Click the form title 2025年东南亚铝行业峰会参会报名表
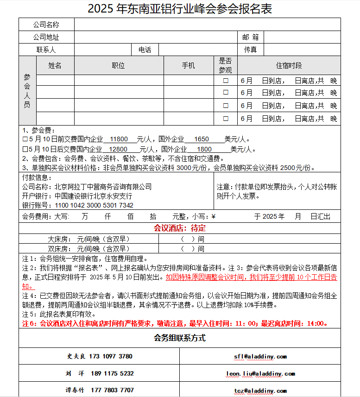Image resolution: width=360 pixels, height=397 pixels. pyautogui.click(x=180, y=8)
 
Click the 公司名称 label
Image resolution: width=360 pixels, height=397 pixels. pyautogui.click(x=46, y=25)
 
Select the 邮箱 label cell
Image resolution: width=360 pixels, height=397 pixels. pyautogui.click(x=250, y=37)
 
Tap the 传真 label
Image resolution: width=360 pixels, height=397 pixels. pyautogui.click(x=250, y=50)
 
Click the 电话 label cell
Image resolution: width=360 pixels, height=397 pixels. pyautogui.click(x=145, y=50)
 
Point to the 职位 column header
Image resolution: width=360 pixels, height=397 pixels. pyautogui.click(x=119, y=65)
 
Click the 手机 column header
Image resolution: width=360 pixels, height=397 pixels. pyautogui.click(x=189, y=65)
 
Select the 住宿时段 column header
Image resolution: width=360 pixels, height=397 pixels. pyautogui.click(x=289, y=65)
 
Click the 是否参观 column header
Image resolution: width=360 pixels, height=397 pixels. pyautogui.click(x=225, y=65)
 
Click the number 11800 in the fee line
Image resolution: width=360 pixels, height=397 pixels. pyautogui.click(x=119, y=139)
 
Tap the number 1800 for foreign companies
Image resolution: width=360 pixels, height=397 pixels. pyautogui.click(x=204, y=149)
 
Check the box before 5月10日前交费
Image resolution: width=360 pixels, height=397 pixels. pyautogui.click(x=25, y=139)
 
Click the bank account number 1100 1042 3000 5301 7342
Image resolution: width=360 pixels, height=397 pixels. pyautogui.click(x=94, y=205)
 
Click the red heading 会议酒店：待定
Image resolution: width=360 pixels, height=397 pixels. pyautogui.click(x=180, y=228)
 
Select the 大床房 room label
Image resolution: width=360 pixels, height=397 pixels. pyautogui.click(x=58, y=239)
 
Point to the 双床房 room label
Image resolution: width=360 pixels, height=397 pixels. pyautogui.click(x=58, y=249)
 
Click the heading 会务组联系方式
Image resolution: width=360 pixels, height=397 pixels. pyautogui.click(x=180, y=338)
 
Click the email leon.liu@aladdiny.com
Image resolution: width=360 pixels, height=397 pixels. pyautogui.click(x=260, y=373)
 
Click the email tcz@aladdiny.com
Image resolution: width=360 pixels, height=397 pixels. pyautogui.click(x=260, y=391)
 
